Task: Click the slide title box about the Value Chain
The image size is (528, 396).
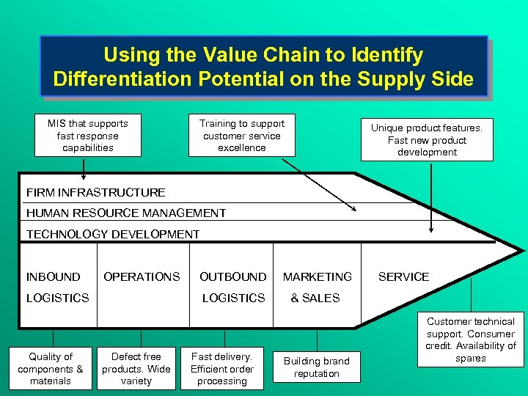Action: [263, 66]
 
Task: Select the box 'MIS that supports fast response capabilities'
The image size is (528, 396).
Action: [87, 136]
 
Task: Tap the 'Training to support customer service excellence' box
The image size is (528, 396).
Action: [241, 136]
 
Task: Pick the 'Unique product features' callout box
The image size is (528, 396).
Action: [427, 140]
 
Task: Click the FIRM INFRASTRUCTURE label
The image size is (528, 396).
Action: [96, 193]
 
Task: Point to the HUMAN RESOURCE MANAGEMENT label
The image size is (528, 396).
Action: [126, 213]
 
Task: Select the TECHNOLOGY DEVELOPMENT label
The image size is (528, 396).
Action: [113, 234]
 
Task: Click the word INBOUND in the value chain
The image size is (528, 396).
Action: [54, 276]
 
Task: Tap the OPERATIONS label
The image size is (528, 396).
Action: [142, 276]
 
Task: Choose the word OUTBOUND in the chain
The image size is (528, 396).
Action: [233, 276]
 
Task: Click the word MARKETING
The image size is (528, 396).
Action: [318, 276]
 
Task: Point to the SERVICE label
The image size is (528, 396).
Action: [403, 276]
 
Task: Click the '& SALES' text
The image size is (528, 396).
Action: [315, 298]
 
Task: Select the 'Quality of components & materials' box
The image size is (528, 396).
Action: [51, 368]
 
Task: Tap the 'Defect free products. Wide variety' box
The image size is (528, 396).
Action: [136, 368]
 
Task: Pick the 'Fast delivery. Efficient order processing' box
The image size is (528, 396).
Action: [221, 368]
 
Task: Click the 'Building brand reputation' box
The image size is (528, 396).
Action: [317, 367]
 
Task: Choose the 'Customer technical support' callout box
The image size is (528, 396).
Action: [471, 340]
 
